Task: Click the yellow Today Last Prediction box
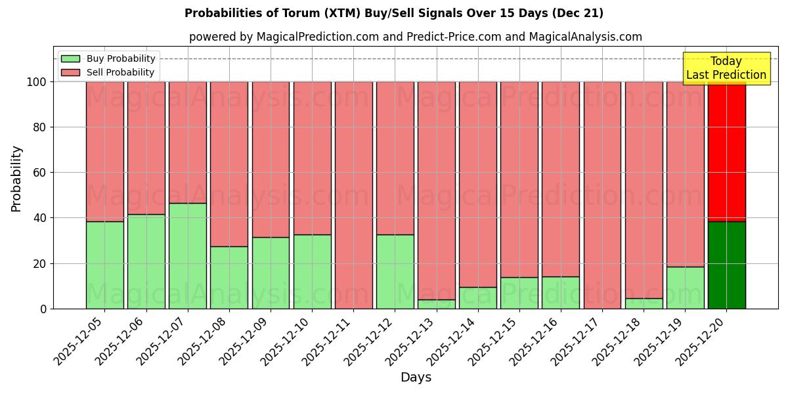pyautogui.click(x=726, y=68)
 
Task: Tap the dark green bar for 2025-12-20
pyautogui.click(x=726, y=265)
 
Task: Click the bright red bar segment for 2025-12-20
pyautogui.click(x=726, y=151)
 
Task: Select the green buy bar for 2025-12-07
pyautogui.click(x=188, y=255)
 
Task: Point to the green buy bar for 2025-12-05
pyautogui.click(x=105, y=265)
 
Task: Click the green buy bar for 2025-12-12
pyautogui.click(x=395, y=271)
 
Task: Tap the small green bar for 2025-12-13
pyautogui.click(x=436, y=304)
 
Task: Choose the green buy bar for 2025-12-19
pyautogui.click(x=685, y=288)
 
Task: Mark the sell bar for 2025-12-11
pyautogui.click(x=353, y=195)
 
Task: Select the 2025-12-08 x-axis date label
pyautogui.click(x=204, y=347)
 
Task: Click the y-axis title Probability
pyautogui.click(x=16, y=179)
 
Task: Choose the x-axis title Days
pyautogui.click(x=416, y=378)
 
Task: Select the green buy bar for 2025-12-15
pyautogui.click(x=519, y=293)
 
